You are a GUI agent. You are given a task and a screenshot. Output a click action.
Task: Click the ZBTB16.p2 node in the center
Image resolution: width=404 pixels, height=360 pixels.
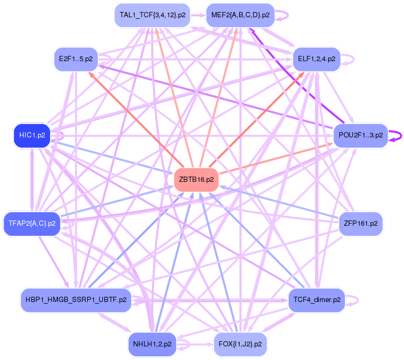tap(196, 179)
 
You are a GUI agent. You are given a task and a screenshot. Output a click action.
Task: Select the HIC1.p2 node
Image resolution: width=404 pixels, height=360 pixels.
tap(32, 135)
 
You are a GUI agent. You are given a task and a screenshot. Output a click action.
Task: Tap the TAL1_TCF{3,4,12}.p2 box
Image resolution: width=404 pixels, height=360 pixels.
tap(152, 15)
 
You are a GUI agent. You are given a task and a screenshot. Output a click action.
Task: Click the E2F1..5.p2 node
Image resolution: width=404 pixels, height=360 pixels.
tap(76, 59)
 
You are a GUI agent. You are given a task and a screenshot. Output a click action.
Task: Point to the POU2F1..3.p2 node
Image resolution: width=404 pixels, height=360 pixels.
tap(361, 135)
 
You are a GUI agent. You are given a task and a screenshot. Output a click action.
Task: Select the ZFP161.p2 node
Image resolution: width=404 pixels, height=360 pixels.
tap(361, 223)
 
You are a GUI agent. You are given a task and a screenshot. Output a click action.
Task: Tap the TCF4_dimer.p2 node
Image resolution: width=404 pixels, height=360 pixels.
tap(317, 300)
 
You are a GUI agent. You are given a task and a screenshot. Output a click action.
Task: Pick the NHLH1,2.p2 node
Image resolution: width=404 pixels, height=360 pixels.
tap(152, 344)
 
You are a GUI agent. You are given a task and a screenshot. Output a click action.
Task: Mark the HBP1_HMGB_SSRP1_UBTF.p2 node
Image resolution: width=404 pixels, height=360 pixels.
tap(76, 300)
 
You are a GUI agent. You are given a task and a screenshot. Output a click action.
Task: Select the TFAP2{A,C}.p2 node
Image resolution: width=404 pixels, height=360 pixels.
tap(32, 224)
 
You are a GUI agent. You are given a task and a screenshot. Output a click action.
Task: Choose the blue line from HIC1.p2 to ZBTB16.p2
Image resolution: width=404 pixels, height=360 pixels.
tap(115, 157)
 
